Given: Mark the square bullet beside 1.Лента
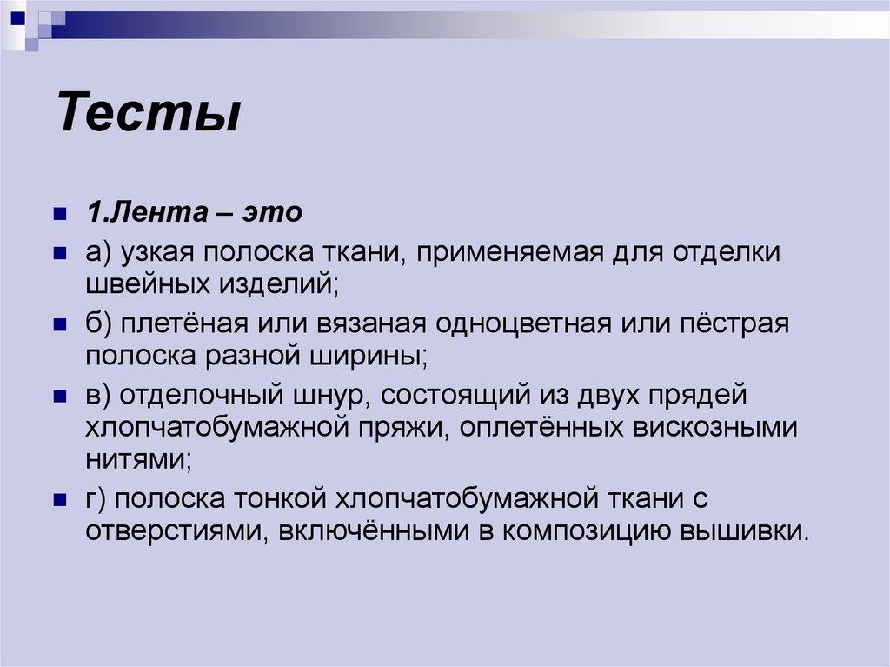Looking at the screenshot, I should click(x=60, y=214).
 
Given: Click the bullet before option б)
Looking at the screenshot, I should click(x=60, y=324).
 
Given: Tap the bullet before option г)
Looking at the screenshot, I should click(x=60, y=499).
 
